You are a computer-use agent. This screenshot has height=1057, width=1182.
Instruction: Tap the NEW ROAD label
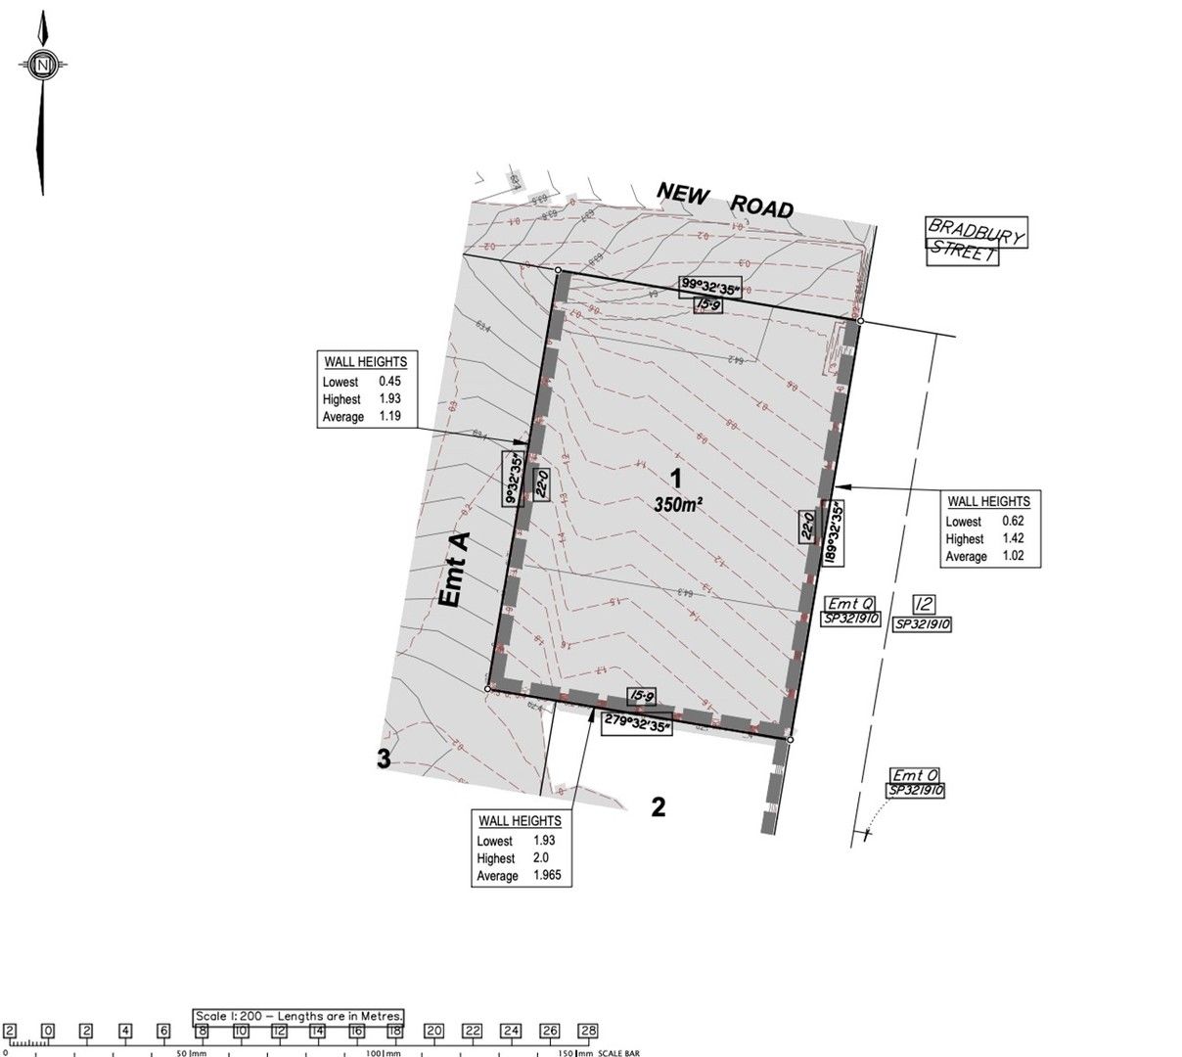[724, 199]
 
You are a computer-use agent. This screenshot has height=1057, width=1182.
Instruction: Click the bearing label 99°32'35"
[712, 287]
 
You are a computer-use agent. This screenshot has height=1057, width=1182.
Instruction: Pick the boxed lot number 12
[922, 603]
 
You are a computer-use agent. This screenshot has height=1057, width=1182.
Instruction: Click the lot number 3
[385, 758]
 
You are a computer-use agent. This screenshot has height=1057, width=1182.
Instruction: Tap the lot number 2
[659, 807]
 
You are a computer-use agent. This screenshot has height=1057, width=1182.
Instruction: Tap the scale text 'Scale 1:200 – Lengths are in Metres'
[298, 1017]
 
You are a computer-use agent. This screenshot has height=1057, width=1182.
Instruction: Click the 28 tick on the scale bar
[587, 1032]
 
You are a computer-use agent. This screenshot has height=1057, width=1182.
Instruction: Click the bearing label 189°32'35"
[835, 532]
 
